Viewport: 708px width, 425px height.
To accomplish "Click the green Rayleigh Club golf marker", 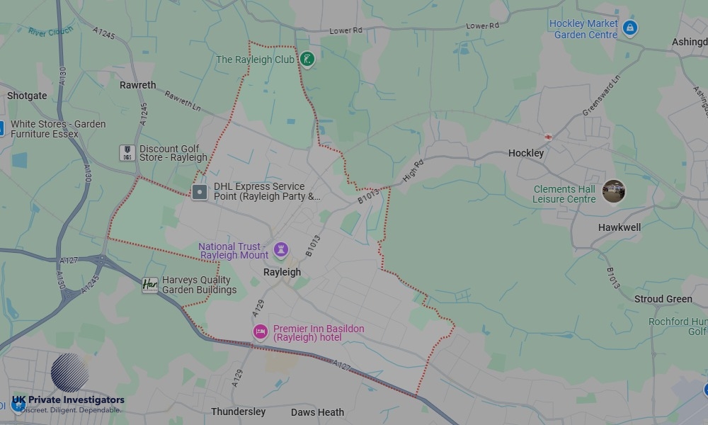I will (x=307, y=59).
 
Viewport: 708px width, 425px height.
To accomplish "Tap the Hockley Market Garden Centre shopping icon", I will (x=631, y=28).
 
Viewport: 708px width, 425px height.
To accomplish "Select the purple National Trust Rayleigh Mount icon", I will (x=281, y=249).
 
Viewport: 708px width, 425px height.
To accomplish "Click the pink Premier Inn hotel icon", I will (x=261, y=331).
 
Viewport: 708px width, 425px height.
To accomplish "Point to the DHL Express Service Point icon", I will (x=200, y=191).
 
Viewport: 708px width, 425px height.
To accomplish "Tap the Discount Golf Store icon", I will (x=127, y=152).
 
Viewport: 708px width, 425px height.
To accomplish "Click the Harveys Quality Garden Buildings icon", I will (x=150, y=285).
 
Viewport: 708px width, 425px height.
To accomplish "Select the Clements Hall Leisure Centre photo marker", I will (x=614, y=191).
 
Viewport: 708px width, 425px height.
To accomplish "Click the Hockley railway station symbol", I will (x=548, y=136).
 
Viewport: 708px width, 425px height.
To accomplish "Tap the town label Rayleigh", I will (x=282, y=272).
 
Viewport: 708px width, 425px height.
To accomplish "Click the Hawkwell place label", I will (x=619, y=227).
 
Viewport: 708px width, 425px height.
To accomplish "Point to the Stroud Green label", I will (x=663, y=299).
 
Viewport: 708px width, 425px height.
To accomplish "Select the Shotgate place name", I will (x=27, y=96).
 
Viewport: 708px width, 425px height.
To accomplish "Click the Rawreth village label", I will (x=137, y=85).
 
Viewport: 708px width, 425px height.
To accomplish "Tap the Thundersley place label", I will (x=238, y=412).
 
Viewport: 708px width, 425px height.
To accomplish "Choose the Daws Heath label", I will (x=317, y=412).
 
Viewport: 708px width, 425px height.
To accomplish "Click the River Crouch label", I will (x=50, y=30).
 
